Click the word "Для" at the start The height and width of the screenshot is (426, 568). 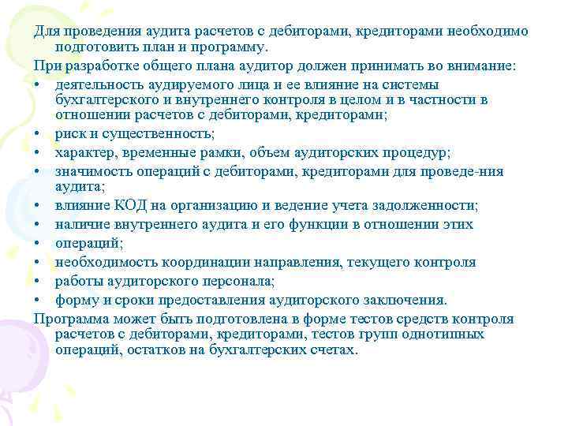46,32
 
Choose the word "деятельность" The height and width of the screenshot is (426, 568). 98,84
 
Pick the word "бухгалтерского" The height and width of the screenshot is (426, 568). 104,99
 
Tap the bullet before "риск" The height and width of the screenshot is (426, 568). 38,134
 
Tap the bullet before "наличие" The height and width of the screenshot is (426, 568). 38,225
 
